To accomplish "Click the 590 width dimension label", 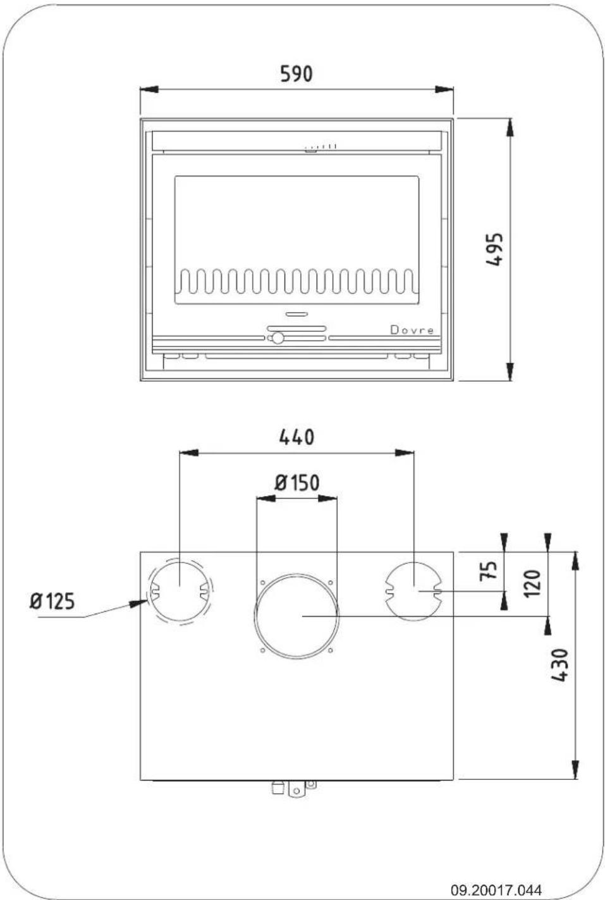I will [296, 74].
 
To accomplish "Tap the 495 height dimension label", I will [495, 249].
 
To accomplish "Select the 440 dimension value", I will [296, 437].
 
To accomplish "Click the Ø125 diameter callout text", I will [52, 601].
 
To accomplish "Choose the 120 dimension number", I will [532, 582].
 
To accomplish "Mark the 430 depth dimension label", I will [559, 665].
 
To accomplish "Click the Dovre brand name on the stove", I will [412, 330].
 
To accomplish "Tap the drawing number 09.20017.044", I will [496, 890].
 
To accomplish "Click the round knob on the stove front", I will [277, 338].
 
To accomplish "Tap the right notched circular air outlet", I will [413, 590].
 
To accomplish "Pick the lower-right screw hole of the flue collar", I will [330, 649].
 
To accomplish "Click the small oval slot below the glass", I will [296, 314].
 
